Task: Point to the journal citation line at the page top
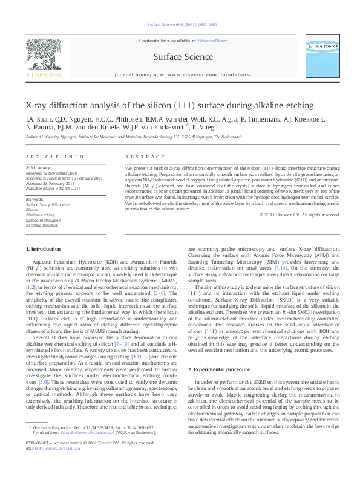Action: (180, 25)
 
